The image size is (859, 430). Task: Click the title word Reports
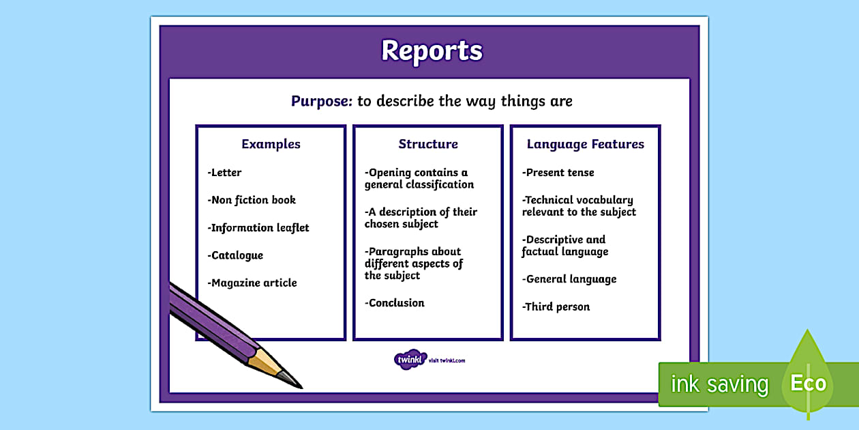(432, 51)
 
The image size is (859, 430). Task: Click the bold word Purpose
(321, 102)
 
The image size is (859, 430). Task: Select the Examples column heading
(271, 144)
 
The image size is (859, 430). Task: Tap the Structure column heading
(428, 144)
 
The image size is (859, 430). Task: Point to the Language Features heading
(585, 144)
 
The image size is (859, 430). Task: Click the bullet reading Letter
(225, 173)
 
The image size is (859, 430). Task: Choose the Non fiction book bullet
(252, 200)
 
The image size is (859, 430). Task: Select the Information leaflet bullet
(258, 228)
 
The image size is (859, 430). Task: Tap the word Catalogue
(237, 255)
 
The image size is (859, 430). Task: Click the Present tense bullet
(558, 173)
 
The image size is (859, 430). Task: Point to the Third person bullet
(556, 306)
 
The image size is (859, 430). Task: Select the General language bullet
(569, 279)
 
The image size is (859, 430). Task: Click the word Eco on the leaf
(808, 383)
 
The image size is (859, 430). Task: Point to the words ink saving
(719, 384)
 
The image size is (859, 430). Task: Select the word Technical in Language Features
(548, 200)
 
